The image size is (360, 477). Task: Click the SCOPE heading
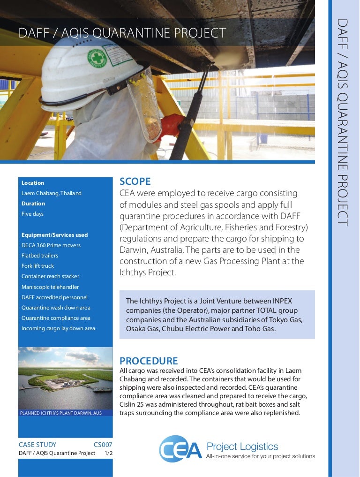[135, 182]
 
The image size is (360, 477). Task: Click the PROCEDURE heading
[149, 361]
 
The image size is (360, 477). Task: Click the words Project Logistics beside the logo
[242, 447]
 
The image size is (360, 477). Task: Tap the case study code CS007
[103, 445]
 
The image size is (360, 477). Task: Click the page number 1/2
[108, 453]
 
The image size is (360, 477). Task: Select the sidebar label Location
[33, 183]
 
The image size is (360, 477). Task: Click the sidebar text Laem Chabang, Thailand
[52, 193]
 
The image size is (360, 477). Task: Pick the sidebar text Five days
[32, 214]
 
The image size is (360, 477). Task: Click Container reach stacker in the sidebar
[50, 276]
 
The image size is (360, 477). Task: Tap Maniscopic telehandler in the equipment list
[50, 287]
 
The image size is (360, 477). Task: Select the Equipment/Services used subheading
[54, 235]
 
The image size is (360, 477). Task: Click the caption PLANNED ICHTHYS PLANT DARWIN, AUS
[60, 413]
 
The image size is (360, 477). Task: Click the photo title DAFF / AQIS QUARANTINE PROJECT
[122, 33]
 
